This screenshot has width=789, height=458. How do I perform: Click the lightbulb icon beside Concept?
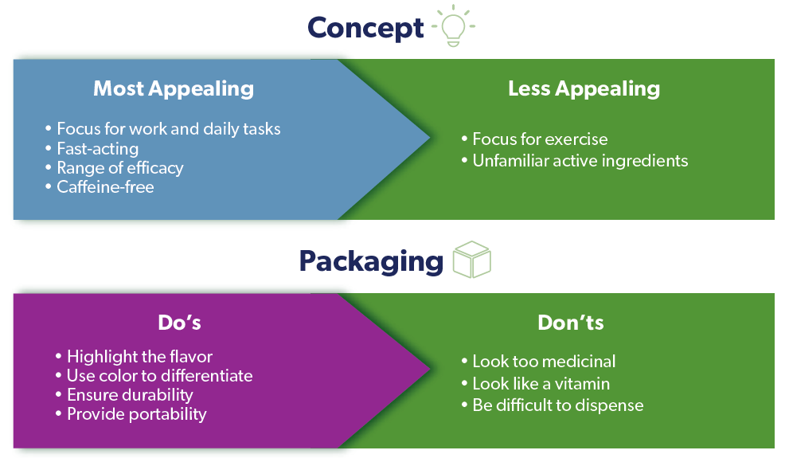tap(453, 25)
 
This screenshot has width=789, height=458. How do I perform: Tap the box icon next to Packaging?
tap(471, 259)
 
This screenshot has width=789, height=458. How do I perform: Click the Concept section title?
tap(365, 28)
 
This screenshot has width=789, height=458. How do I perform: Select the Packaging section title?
tap(371, 261)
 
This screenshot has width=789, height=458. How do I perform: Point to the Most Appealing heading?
tap(174, 89)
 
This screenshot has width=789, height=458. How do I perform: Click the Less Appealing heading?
tap(584, 89)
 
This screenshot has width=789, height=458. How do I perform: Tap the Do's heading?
tap(180, 323)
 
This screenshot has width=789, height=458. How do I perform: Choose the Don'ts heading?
tap(571, 323)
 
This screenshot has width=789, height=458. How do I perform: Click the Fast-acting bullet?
tap(92, 149)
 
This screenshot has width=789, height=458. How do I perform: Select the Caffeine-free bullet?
tap(100, 187)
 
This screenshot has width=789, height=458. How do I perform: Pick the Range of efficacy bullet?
tap(114, 168)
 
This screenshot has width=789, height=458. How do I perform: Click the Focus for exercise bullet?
tap(534, 139)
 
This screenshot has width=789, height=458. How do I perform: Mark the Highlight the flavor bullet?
tap(134, 357)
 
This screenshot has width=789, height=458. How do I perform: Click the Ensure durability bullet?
tap(124, 395)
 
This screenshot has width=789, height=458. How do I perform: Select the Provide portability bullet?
tap(131, 414)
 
